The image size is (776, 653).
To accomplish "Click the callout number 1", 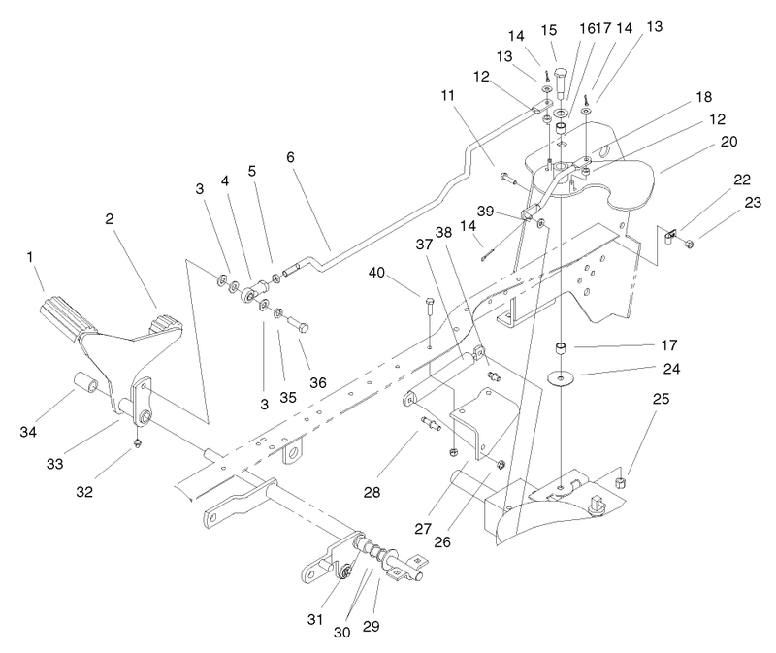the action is tap(30, 257).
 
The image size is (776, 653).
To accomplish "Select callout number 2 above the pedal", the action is tap(110, 219).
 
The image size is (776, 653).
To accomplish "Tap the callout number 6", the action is tap(290, 157).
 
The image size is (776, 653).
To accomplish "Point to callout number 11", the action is tap(448, 95).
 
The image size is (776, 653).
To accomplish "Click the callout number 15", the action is tap(549, 30).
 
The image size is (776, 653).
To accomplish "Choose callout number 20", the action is tap(729, 142).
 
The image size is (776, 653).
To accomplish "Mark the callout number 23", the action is tap(753, 202).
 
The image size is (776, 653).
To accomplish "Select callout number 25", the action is tap(662, 399).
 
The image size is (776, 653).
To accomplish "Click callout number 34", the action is tap(28, 432).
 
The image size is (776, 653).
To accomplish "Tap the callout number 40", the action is tap(376, 273).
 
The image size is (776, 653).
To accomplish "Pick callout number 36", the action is tap(318, 382).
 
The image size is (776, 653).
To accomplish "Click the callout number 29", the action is tap(372, 626).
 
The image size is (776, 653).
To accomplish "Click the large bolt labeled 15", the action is tap(561, 82).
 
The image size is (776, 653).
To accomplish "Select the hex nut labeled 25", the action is tap(619, 482).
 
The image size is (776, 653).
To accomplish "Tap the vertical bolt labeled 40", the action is tap(429, 322).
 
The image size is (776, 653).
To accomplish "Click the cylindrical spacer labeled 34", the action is tap(86, 384).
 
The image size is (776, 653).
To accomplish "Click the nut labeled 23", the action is tap(689, 244).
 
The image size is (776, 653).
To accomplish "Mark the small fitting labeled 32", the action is tap(137, 441).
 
